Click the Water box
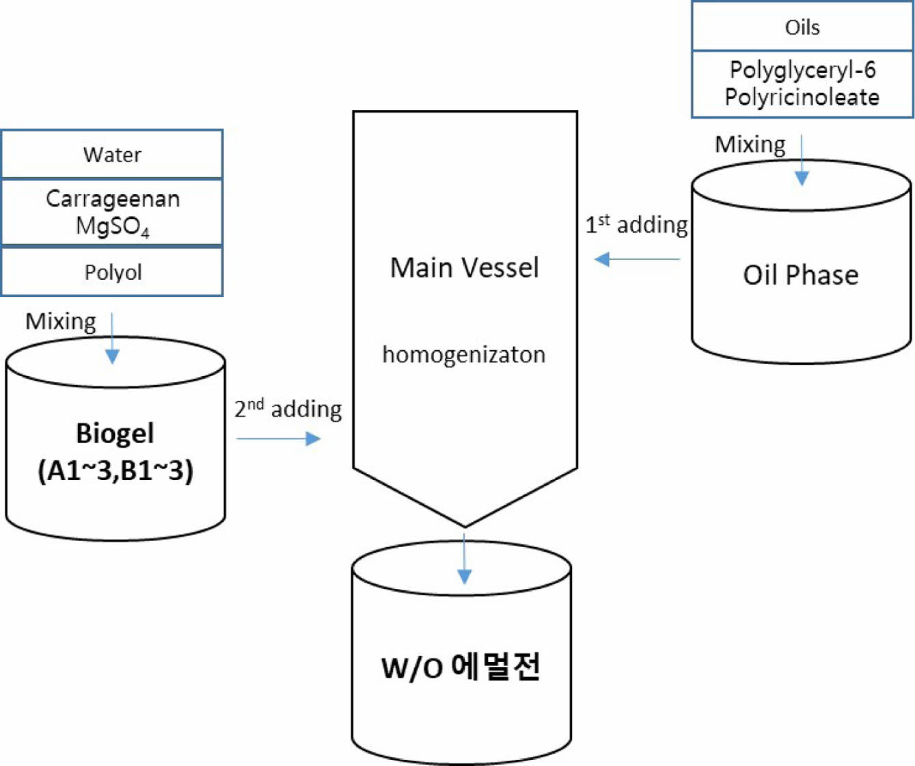112,155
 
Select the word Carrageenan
113,199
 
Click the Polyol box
113,272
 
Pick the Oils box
802,27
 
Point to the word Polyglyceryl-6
802,70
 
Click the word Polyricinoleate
802,97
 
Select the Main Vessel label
465,267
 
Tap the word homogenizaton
464,354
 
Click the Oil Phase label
801,275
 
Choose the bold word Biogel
115,433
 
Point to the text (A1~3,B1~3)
115,471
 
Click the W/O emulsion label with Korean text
461,667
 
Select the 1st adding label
636,224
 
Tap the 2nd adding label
288,408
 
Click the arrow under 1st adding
637,259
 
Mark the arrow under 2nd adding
279,438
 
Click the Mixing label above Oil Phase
750,144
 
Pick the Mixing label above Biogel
61,321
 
